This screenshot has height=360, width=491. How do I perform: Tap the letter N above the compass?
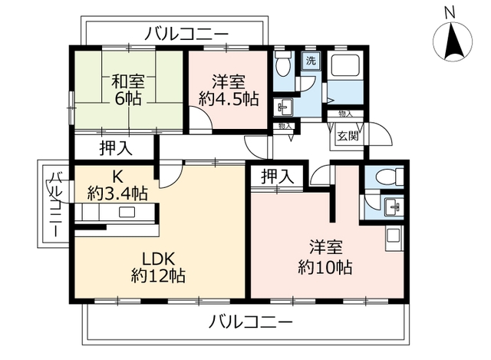[450, 13]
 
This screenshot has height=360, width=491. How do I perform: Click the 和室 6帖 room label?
[128, 90]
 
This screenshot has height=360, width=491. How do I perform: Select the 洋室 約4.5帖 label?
[229, 91]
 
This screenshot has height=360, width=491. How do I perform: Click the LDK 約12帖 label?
[158, 267]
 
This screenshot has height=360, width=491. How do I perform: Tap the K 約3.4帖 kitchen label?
[117, 185]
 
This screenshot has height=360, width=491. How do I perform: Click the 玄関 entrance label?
[348, 137]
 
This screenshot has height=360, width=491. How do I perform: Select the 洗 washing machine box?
[311, 61]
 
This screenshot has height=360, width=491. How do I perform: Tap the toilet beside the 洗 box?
[283, 63]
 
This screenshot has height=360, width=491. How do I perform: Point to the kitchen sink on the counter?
[127, 212]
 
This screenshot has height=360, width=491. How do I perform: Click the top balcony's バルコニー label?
[187, 34]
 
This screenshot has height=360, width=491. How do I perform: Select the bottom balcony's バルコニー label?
[251, 322]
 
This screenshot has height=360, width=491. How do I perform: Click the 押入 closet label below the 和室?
[116, 148]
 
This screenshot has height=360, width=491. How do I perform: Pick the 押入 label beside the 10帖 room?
[278, 176]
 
